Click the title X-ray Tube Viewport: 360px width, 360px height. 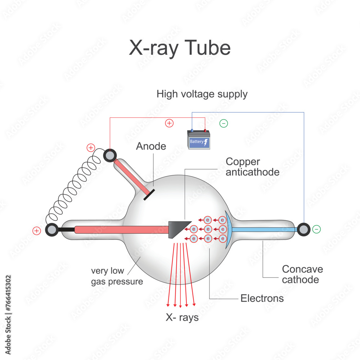(x=180, y=48)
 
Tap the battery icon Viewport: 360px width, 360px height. (x=199, y=140)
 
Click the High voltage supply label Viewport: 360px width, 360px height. (x=202, y=94)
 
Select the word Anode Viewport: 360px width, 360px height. (x=151, y=146)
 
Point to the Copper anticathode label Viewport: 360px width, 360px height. (x=252, y=167)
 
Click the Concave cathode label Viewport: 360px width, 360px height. (x=302, y=274)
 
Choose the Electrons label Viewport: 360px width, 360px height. (x=262, y=298)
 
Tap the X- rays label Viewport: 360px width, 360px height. (x=182, y=318)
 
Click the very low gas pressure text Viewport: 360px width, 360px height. (x=117, y=276)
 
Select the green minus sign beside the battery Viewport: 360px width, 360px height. (x=224, y=123)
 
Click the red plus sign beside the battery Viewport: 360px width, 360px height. (x=169, y=123)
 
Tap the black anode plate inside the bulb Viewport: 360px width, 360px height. (x=149, y=194)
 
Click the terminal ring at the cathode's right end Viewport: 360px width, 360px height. (x=303, y=229)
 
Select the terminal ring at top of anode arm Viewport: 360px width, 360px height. (x=110, y=156)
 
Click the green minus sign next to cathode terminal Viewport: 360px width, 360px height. (x=316, y=229)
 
